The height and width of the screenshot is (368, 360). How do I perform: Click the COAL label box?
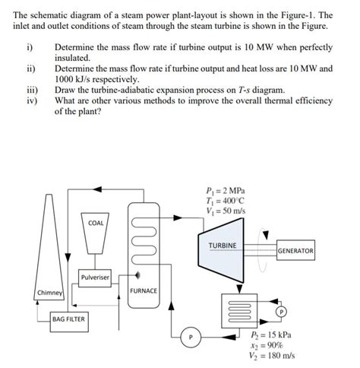point(96,223)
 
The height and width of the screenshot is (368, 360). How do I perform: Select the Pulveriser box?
point(96,278)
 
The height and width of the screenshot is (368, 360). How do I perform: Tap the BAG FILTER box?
point(68,319)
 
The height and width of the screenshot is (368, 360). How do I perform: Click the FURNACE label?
point(143,290)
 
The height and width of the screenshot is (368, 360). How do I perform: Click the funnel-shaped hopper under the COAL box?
point(96,243)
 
